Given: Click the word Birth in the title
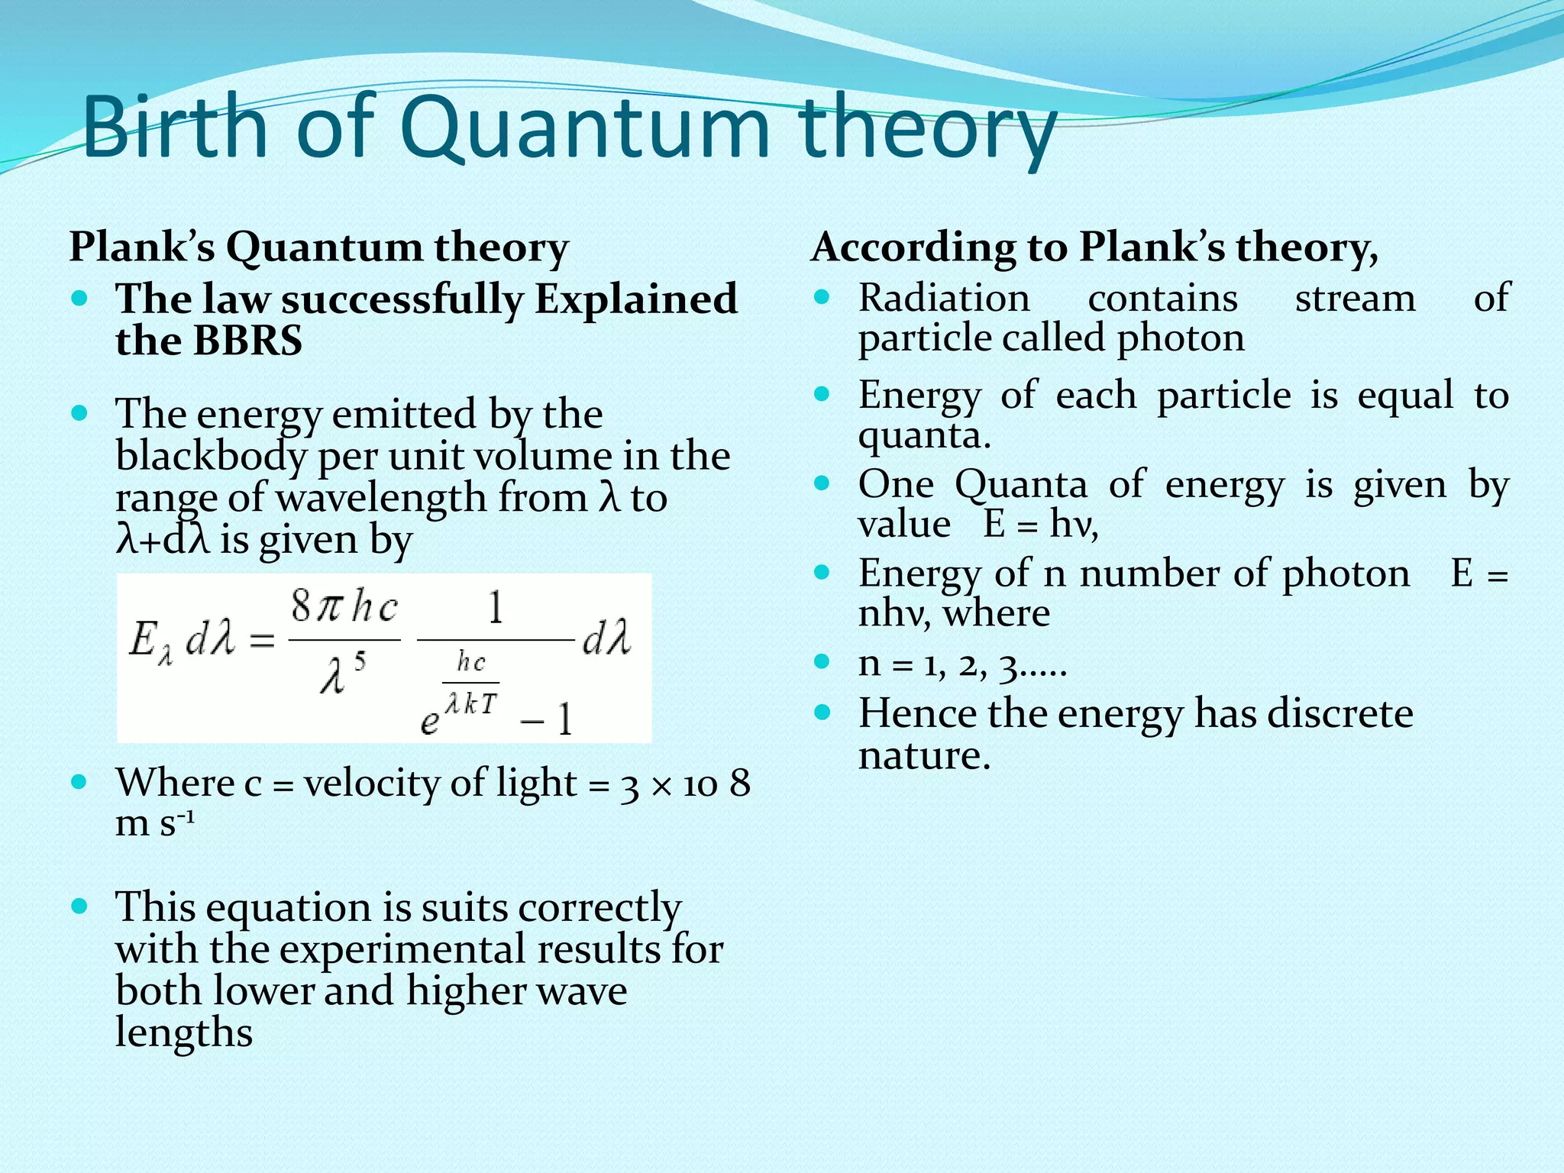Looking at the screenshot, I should [175, 126].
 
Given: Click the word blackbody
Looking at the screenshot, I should [211, 457].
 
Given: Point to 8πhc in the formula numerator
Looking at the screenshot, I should [344, 608].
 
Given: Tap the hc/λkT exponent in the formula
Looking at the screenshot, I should [470, 683].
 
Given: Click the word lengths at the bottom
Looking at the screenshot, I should [183, 1032].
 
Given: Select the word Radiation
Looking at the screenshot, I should [944, 298].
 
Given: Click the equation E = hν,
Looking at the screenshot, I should [1041, 525].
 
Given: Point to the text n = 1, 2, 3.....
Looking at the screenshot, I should [961, 664].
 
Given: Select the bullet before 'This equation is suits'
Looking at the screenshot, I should [79, 907].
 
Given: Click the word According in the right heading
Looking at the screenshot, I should [913, 247].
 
